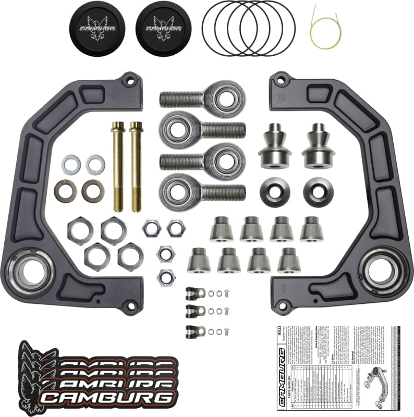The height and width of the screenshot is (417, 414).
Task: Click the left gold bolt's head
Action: [x=118, y=127]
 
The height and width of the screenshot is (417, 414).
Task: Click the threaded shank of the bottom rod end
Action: [x=222, y=192]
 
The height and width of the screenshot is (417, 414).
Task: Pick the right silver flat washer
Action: [x=95, y=165]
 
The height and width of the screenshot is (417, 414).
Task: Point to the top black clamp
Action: [x=193, y=293]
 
